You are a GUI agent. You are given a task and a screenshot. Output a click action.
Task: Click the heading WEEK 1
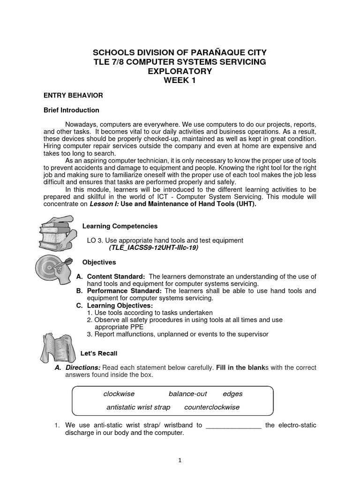pyautogui.click(x=180, y=80)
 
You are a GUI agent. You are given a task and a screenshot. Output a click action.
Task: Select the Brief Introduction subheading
pyautogui.click(x=71, y=110)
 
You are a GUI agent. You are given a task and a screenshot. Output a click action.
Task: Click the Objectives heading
pyautogui.click(x=99, y=262)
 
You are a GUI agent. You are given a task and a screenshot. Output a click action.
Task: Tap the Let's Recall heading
pyautogui.click(x=100, y=353)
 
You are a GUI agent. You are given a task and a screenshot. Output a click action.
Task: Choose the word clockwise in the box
pyautogui.click(x=119, y=394)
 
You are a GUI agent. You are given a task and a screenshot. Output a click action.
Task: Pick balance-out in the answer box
pyautogui.click(x=187, y=394)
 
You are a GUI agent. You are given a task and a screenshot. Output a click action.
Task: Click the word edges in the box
pyautogui.click(x=232, y=394)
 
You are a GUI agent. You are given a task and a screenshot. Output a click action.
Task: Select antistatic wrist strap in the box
pyautogui.click(x=138, y=407)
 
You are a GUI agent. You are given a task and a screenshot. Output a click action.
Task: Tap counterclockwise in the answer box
pyautogui.click(x=211, y=407)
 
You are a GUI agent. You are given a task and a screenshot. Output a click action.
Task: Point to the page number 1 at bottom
pyautogui.click(x=180, y=460)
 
